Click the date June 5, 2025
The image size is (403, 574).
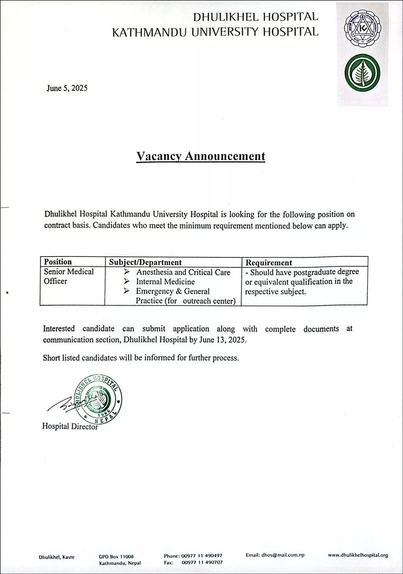tap(67, 88)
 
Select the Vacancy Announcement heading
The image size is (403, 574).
tap(201, 156)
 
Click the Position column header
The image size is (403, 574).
tap(58, 262)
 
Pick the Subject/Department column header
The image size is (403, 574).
tap(145, 262)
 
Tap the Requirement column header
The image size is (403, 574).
tap(269, 263)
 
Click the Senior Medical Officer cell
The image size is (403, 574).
tap(68, 276)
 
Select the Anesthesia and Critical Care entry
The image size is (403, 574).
tap(183, 272)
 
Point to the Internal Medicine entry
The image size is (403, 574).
tap(165, 282)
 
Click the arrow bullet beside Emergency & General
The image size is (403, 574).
tap(126, 291)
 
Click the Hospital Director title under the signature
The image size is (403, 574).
tap(70, 426)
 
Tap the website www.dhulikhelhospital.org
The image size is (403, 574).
tap(358, 555)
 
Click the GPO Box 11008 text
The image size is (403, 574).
tap(116, 557)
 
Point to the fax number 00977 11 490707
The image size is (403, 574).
tap(202, 562)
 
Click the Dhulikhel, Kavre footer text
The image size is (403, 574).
tap(57, 557)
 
